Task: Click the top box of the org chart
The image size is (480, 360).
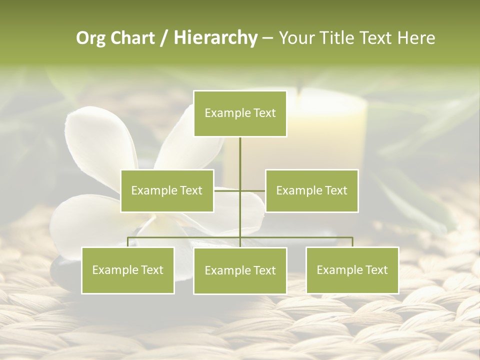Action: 240,113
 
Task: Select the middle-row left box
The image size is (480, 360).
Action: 167,190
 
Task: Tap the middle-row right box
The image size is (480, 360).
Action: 311,190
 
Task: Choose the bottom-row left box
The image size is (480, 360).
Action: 128,270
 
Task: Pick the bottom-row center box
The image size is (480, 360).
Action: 240,270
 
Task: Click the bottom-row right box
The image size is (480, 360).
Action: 352,270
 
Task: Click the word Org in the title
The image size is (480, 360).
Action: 90,38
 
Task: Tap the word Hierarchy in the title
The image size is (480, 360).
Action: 215,38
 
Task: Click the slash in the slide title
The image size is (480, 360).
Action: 164,38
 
